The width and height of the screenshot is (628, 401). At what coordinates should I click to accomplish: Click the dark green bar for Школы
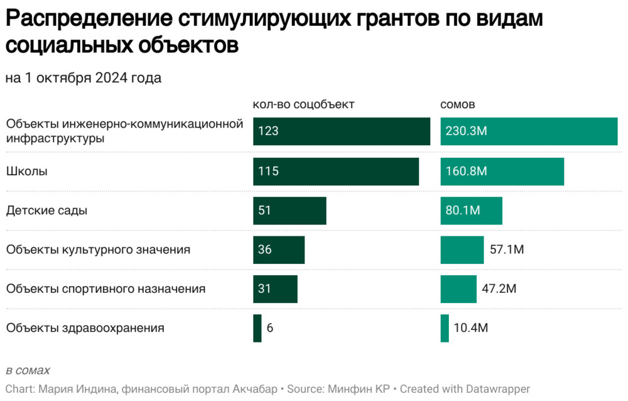(x=336, y=172)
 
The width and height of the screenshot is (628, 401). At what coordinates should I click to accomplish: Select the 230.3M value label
(x=467, y=131)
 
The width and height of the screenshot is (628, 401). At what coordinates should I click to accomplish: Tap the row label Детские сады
(x=46, y=211)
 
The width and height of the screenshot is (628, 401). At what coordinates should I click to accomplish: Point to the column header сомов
(x=458, y=104)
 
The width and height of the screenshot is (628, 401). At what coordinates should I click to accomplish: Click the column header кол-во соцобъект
(x=304, y=104)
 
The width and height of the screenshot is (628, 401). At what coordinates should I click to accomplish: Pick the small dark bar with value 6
(x=257, y=328)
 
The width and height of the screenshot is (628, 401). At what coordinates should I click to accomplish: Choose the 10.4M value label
(x=472, y=328)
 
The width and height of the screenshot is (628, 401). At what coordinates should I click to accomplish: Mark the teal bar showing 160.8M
(x=502, y=172)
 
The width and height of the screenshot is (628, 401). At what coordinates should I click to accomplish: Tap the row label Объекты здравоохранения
(x=85, y=327)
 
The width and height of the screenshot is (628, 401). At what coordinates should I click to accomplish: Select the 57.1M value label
(x=507, y=250)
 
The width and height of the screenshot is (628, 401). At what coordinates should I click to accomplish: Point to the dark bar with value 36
(x=279, y=250)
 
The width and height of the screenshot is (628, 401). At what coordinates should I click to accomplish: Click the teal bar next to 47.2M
(x=458, y=289)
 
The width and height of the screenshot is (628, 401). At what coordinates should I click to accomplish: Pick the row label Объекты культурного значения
(x=98, y=250)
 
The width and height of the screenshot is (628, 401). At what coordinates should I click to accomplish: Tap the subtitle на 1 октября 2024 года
(x=84, y=78)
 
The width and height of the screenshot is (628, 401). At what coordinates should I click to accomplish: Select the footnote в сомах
(x=28, y=370)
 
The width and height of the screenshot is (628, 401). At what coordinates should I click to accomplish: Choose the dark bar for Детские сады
(x=290, y=211)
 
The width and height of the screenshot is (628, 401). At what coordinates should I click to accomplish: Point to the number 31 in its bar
(x=264, y=289)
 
